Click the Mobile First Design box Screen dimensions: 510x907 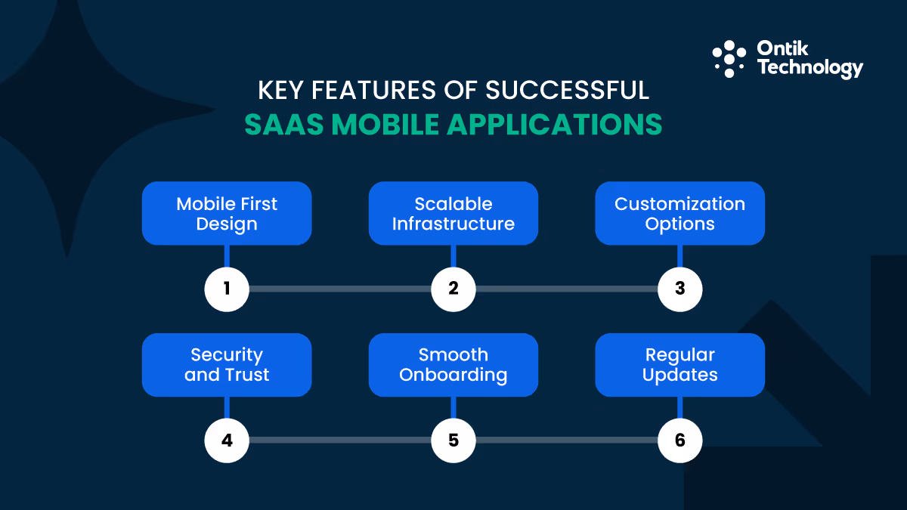click(x=227, y=213)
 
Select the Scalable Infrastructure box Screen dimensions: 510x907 click(x=453, y=213)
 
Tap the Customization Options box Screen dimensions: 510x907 click(x=680, y=213)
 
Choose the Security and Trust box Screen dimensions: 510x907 click(x=227, y=365)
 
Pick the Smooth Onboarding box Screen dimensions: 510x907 click(x=453, y=365)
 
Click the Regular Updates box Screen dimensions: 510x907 click(x=680, y=365)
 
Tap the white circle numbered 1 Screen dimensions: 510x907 click(x=227, y=289)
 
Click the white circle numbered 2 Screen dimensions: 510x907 click(x=453, y=289)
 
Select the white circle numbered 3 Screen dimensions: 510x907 click(x=680, y=289)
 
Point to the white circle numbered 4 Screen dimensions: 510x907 click(x=227, y=440)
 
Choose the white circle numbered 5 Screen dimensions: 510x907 click(x=453, y=440)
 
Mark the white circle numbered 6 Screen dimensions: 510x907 click(x=680, y=440)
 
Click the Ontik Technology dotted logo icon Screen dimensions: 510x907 click(x=729, y=59)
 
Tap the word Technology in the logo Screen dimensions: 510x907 click(x=809, y=69)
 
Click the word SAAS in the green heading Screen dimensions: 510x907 click(x=281, y=125)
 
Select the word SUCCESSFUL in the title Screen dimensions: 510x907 click(x=567, y=90)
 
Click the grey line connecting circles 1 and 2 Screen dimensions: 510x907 click(x=340, y=289)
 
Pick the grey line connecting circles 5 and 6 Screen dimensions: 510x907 click(x=567, y=440)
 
